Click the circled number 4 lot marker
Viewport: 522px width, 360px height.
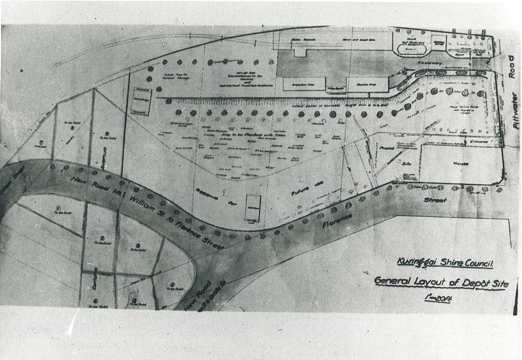(x=174, y=285)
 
